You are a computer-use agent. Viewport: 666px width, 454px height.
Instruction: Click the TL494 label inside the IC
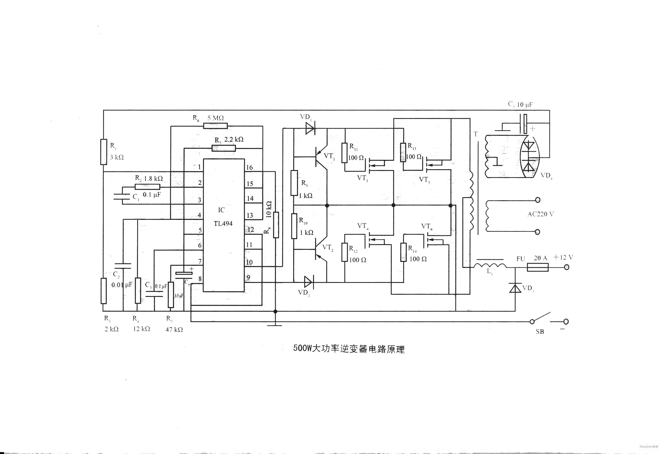click(223, 224)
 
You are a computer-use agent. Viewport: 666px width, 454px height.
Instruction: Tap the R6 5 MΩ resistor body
click(215, 126)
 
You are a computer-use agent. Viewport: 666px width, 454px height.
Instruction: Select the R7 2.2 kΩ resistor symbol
click(223, 148)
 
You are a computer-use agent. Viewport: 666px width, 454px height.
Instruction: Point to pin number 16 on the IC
click(249, 168)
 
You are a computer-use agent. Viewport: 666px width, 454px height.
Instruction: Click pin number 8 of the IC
click(200, 279)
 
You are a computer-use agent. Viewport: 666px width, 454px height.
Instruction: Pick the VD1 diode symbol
click(310, 129)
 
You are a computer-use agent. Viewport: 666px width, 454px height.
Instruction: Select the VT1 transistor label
click(329, 156)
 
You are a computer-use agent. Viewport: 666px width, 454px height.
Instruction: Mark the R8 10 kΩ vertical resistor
click(276, 225)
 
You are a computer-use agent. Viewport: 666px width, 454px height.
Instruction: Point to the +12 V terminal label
click(563, 257)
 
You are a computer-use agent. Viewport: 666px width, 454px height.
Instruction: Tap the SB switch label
click(540, 332)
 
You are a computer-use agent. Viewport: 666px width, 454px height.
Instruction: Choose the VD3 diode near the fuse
click(515, 288)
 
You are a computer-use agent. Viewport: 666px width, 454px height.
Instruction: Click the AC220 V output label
click(540, 214)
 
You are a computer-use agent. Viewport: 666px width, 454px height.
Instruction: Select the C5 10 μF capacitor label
click(520, 105)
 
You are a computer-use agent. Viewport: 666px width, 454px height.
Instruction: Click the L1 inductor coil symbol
click(490, 265)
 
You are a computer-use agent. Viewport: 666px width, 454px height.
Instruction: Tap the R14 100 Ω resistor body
click(403, 252)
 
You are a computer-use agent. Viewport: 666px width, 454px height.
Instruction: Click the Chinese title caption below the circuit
click(349, 349)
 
